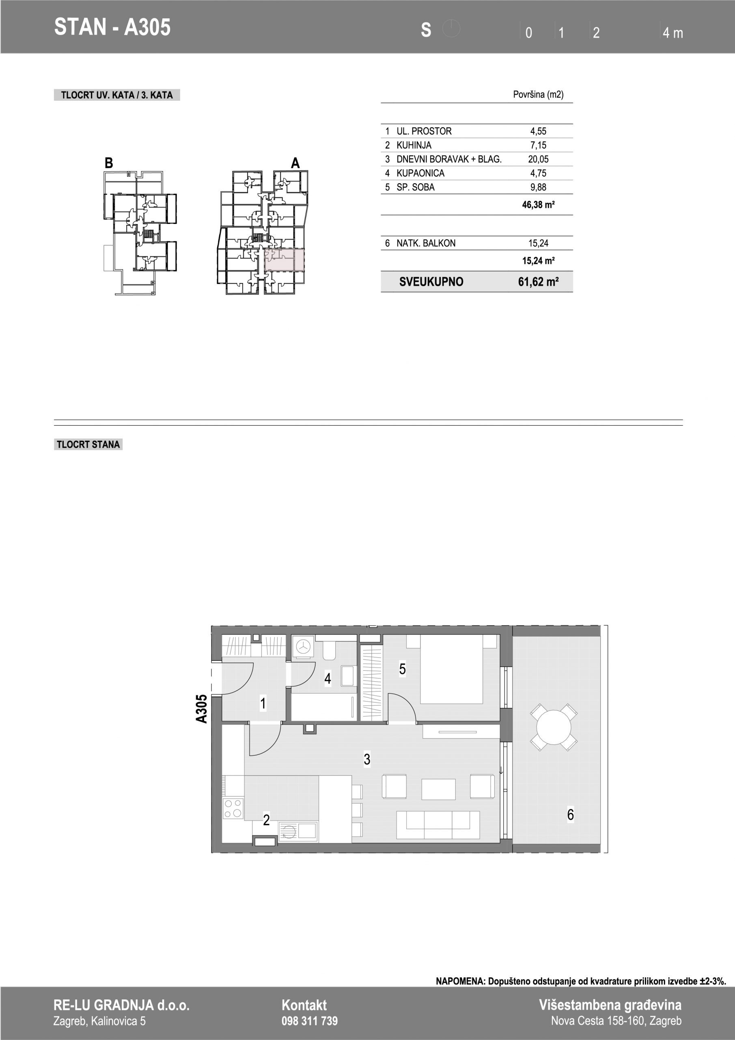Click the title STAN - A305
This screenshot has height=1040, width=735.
click(x=112, y=27)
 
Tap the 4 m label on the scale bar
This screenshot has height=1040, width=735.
click(x=672, y=32)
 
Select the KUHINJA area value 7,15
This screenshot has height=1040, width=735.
click(x=538, y=145)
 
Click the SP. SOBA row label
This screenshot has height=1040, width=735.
click(x=415, y=187)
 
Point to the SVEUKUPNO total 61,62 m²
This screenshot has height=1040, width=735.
click(x=538, y=282)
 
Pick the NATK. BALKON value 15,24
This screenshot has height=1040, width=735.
click(x=538, y=243)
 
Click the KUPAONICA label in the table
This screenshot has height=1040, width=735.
click(x=420, y=173)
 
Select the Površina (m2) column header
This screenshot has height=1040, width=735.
click(x=538, y=95)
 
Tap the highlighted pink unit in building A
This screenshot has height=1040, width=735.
click(x=284, y=260)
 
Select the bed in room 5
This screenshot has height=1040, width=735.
click(x=451, y=669)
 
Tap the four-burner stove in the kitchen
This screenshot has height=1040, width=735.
click(x=233, y=808)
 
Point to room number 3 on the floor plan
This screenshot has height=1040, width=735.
click(x=367, y=759)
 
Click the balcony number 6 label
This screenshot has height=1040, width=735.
click(x=570, y=815)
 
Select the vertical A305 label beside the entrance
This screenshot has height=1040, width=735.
click(x=201, y=709)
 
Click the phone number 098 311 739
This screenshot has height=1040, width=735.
click(x=310, y=1021)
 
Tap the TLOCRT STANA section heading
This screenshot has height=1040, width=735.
click(x=88, y=444)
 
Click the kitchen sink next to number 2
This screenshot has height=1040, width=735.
click(x=298, y=832)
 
